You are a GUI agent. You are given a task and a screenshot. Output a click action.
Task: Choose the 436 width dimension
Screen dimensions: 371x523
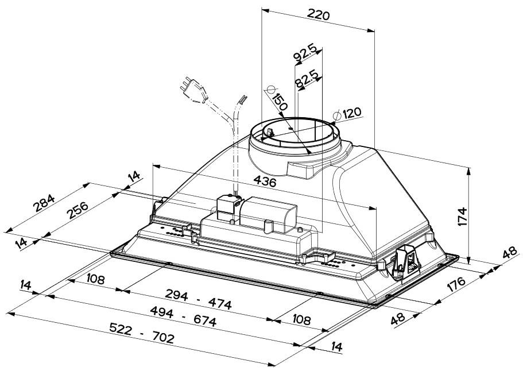[265, 183]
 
